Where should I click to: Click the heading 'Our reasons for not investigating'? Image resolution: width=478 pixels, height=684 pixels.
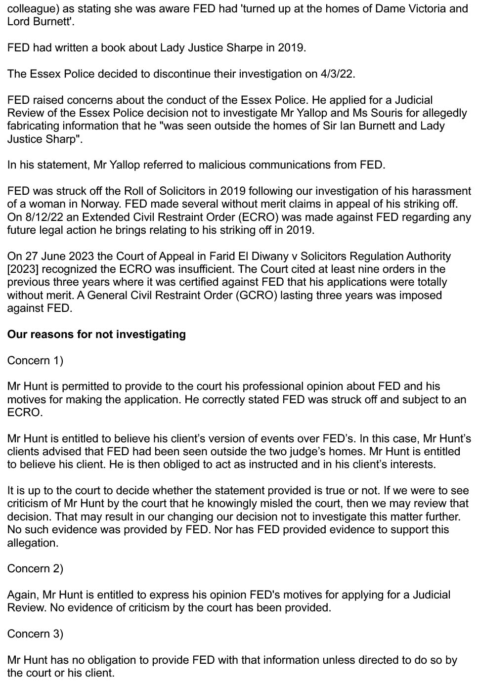tap(96, 335)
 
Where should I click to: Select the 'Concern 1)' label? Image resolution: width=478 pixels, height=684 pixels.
tap(35, 361)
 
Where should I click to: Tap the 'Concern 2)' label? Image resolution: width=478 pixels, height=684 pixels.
tap(35, 569)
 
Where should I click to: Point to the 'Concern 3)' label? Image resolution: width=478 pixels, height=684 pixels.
tap(35, 634)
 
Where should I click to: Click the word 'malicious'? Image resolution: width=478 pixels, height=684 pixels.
tap(221, 165)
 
